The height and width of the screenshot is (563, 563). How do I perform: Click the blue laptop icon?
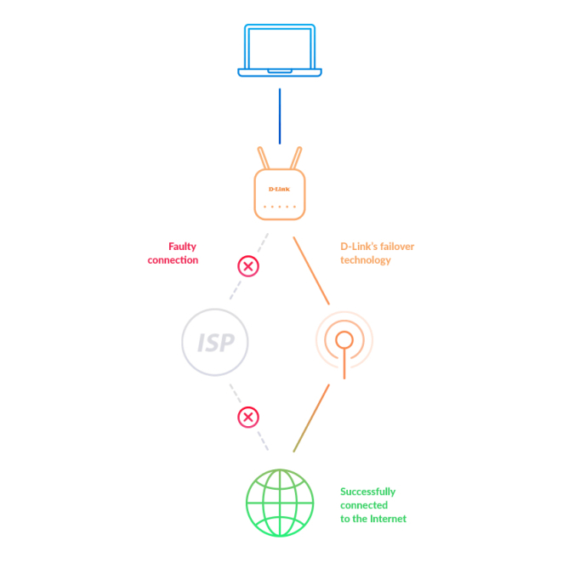[280, 52]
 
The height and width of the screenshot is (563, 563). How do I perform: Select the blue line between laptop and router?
[279, 116]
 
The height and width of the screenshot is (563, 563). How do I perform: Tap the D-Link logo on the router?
[279, 188]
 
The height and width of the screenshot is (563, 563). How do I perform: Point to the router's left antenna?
[263, 158]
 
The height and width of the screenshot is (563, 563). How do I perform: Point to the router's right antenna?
[296, 158]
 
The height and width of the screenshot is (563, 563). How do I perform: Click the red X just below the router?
[247, 267]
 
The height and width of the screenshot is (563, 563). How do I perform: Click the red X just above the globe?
[247, 417]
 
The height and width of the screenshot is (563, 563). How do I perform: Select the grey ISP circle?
[215, 343]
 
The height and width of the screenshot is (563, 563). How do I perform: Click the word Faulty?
[182, 247]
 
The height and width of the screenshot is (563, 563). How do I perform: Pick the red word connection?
[173, 260]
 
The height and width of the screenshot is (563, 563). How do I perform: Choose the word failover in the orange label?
[395, 247]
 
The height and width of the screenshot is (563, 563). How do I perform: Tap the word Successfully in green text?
[367, 492]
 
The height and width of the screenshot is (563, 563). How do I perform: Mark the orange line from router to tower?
[311, 270]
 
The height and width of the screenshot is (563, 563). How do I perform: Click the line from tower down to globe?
[311, 417]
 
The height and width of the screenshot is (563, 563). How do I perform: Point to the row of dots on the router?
[279, 207]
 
